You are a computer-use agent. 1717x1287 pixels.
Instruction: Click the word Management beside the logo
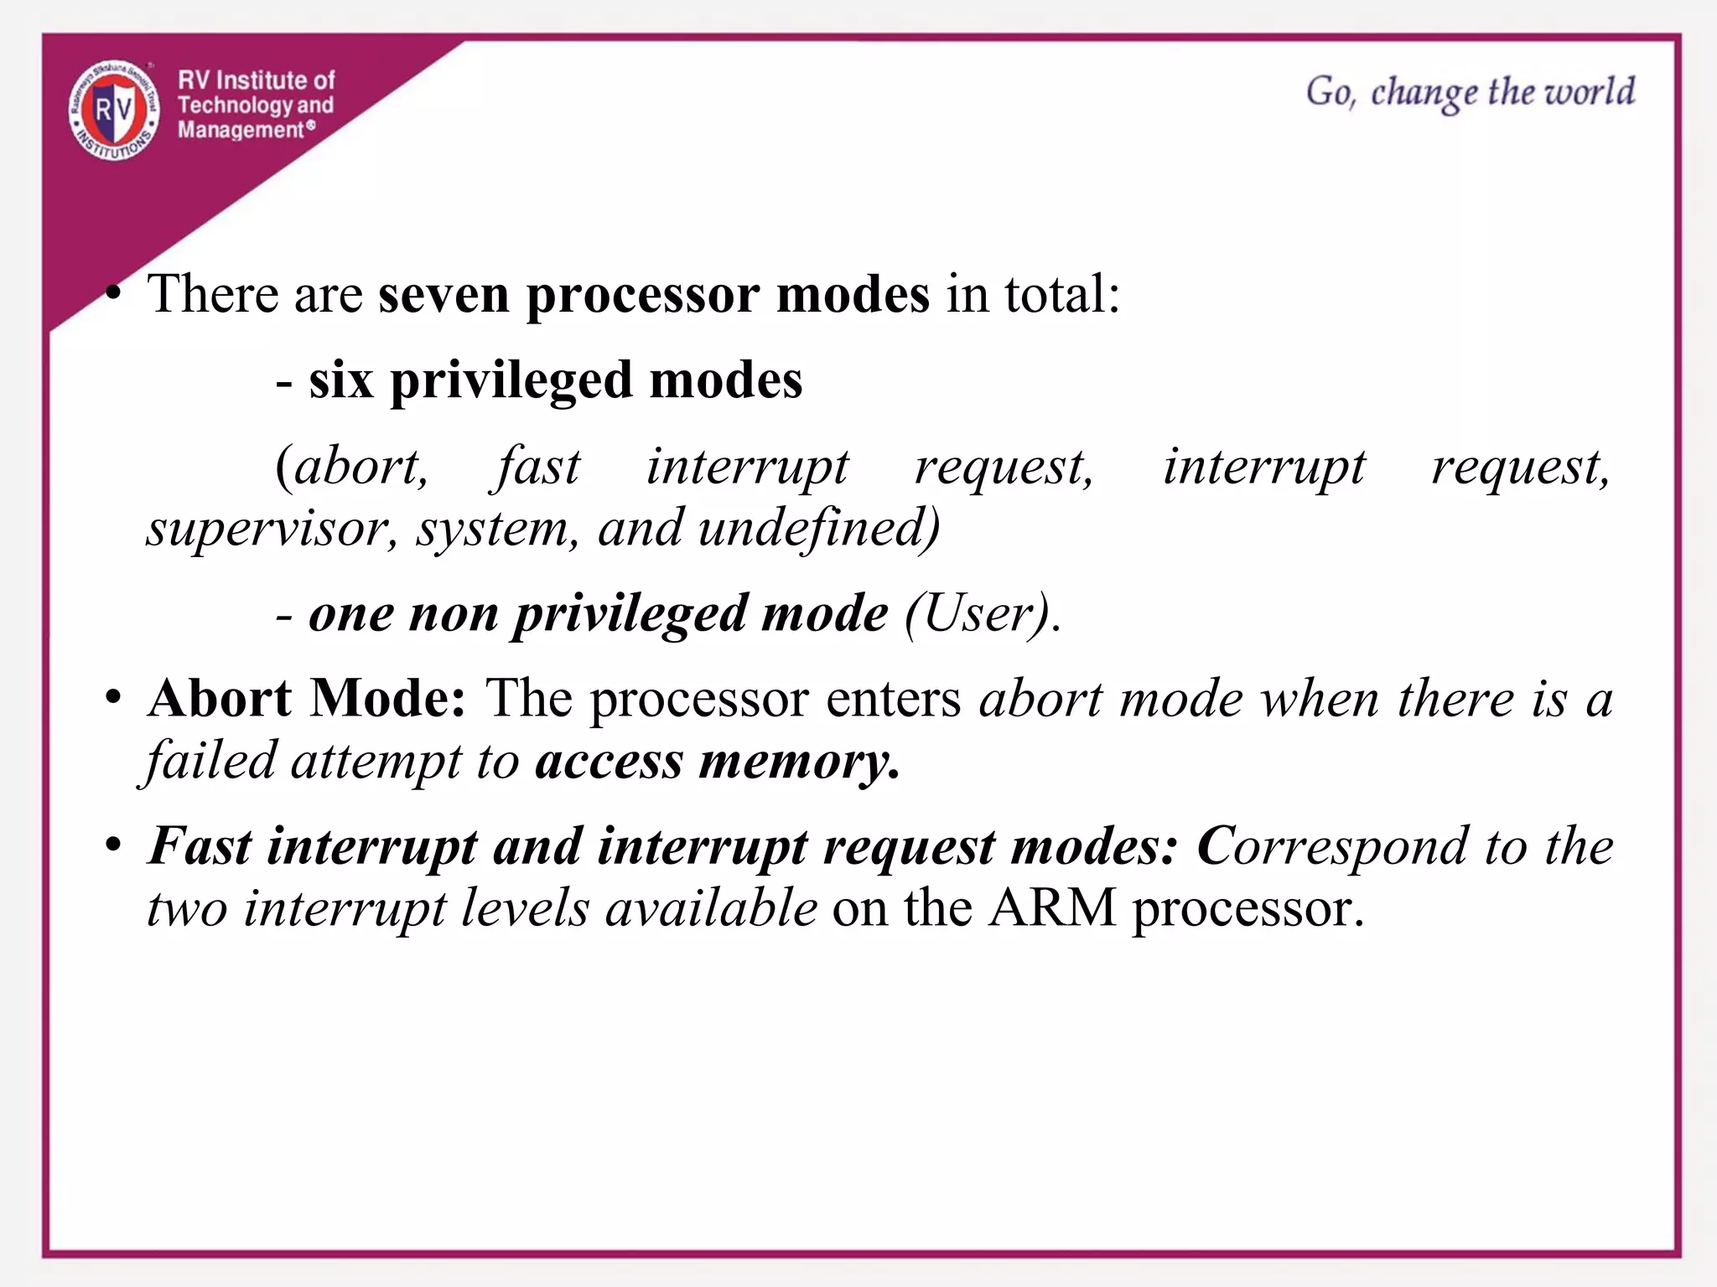point(240,130)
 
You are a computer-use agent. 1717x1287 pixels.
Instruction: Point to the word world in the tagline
point(1590,91)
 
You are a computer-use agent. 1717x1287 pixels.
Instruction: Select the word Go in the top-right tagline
point(1329,91)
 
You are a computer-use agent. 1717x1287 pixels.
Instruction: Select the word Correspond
point(1332,846)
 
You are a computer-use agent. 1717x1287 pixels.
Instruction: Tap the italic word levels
point(525,908)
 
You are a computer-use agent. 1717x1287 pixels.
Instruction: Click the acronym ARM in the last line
point(1052,908)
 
